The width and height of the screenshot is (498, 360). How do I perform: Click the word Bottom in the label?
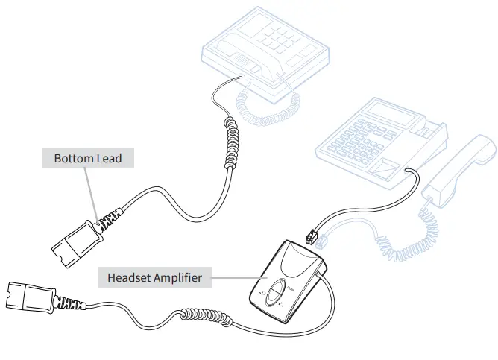74,159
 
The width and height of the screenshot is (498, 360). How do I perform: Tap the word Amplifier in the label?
180,278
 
